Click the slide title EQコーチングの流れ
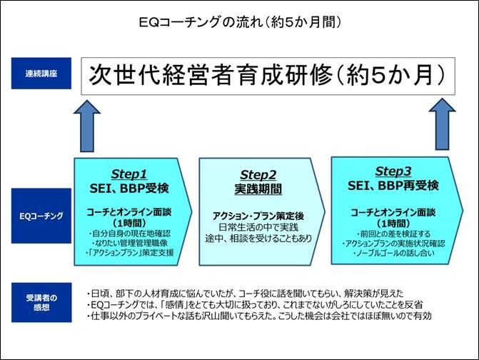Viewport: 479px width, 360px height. [x=201, y=22]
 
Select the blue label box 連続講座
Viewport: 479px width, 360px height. [x=41, y=74]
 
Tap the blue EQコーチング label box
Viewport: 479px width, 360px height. [x=41, y=216]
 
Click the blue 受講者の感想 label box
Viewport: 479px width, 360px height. [x=41, y=302]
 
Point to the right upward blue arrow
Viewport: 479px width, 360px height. [x=442, y=124]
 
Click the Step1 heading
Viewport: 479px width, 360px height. [x=129, y=174]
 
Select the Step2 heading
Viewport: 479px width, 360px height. [x=258, y=175]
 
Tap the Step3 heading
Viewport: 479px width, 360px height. [x=393, y=171]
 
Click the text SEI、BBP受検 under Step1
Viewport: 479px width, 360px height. [x=129, y=189]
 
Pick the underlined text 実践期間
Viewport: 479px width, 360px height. [x=258, y=189]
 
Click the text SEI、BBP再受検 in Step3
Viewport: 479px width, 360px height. [x=393, y=186]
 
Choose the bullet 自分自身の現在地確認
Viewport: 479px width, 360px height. [x=129, y=234]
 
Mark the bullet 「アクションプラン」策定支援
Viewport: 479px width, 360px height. [x=129, y=252]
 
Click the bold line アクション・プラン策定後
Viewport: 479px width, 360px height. [x=258, y=216]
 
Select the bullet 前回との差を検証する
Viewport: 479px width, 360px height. [x=393, y=234]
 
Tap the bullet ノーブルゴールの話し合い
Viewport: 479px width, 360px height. [x=393, y=253]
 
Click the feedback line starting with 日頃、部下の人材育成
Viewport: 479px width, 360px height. [x=245, y=294]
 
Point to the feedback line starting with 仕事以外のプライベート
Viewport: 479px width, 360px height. [x=258, y=316]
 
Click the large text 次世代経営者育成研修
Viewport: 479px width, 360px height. [x=211, y=75]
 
